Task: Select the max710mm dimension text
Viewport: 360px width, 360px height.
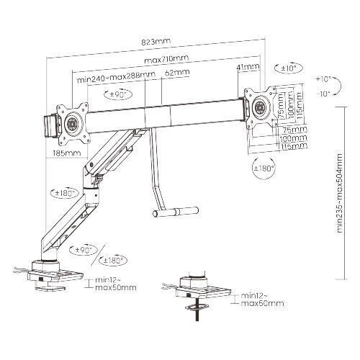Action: (x=166, y=59)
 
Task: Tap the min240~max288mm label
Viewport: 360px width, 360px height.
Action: (x=115, y=76)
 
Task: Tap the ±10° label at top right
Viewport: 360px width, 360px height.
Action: (x=289, y=68)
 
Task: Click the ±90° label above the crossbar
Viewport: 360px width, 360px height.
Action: (x=117, y=94)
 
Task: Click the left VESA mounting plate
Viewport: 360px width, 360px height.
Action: (x=74, y=120)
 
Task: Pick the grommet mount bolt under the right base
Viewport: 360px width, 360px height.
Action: (x=197, y=309)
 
